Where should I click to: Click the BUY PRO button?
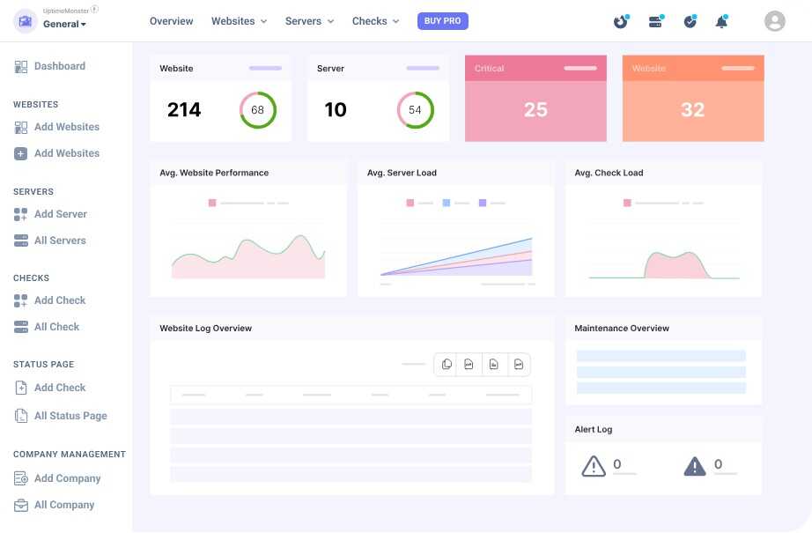pos(443,21)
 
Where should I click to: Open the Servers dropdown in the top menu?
pos(309,21)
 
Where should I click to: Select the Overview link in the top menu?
pos(172,21)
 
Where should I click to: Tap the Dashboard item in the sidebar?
pos(59,66)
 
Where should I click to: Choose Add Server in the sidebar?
pos(60,214)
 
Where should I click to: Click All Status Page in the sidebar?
pos(70,416)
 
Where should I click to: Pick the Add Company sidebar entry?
pos(67,478)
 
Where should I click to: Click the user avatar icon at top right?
pos(774,21)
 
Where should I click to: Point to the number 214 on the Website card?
pos(184,110)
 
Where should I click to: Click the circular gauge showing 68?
pos(257,110)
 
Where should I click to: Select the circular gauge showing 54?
pos(415,110)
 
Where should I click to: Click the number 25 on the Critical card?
pos(535,110)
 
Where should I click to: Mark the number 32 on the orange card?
pos(692,110)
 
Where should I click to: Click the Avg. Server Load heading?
pos(402,173)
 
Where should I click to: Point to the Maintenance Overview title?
pos(622,329)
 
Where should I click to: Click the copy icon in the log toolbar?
pos(447,365)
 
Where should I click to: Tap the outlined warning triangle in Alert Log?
pos(594,466)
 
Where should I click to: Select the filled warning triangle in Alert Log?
pos(695,466)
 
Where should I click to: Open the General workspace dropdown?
pos(64,24)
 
